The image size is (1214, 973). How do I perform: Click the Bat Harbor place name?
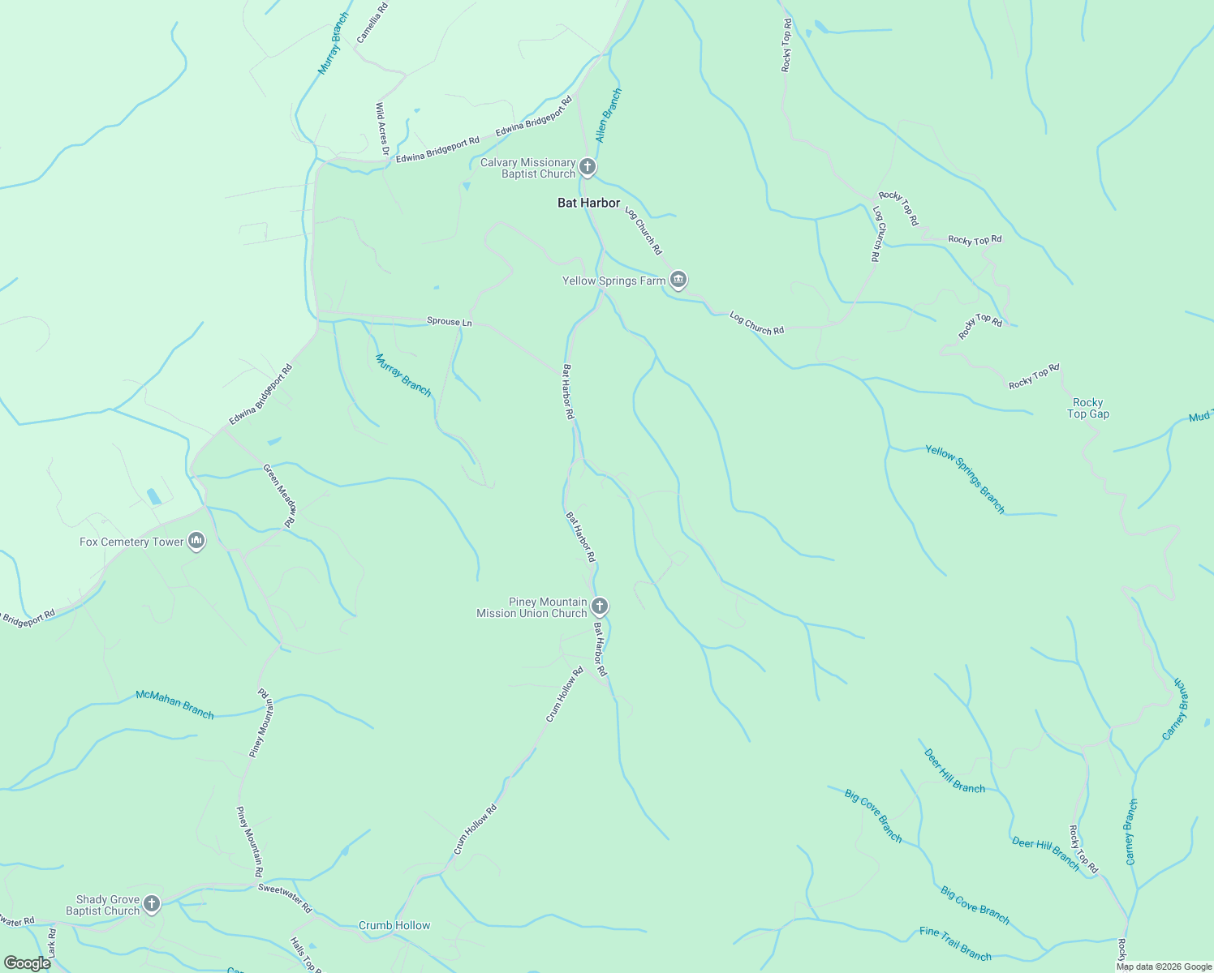(588, 203)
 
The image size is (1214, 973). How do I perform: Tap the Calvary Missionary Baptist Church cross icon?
(588, 168)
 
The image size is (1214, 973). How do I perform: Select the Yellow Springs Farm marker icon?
(678, 281)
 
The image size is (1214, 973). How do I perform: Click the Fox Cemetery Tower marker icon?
(196, 541)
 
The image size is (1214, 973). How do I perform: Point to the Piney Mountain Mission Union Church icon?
(599, 607)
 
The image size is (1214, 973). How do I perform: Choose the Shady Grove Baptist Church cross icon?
(152, 904)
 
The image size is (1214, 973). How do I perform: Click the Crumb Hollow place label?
(394, 925)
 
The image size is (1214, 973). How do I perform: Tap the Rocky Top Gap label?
(1087, 408)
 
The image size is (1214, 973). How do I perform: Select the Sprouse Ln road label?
(449, 322)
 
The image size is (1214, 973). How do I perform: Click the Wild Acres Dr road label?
(381, 129)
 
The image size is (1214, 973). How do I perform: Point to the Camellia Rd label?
(372, 22)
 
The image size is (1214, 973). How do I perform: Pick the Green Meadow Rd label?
(280, 495)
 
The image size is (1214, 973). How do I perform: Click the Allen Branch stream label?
(608, 115)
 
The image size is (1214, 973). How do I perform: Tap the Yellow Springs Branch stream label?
(965, 478)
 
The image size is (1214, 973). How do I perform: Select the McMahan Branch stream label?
(174, 704)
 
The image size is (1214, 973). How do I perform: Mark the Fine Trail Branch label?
(955, 944)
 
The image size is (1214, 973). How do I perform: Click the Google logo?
(27, 962)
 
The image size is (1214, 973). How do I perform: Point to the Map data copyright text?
(1164, 967)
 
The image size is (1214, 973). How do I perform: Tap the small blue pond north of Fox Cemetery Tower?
(153, 496)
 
